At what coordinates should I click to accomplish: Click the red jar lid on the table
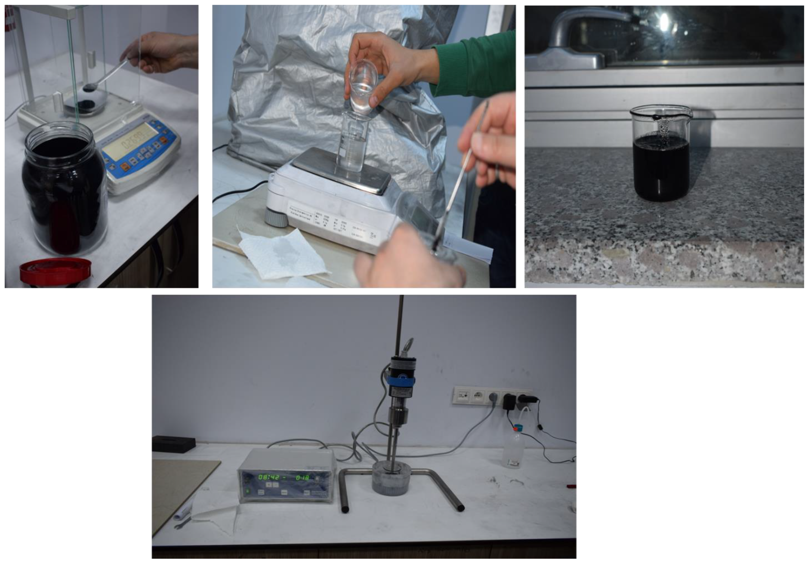click(55, 271)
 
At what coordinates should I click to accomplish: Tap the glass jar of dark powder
click(64, 190)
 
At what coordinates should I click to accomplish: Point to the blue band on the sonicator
click(402, 381)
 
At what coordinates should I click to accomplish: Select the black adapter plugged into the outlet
click(508, 403)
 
